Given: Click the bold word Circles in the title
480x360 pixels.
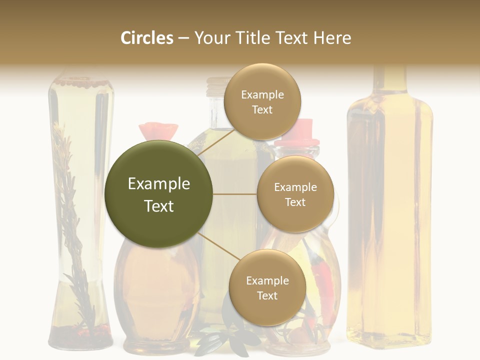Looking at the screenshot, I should (146, 38).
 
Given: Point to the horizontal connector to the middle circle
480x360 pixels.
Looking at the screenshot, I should (234, 194).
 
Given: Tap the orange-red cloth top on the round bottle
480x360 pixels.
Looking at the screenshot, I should (158, 131).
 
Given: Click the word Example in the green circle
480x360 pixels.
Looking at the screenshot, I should (158, 184).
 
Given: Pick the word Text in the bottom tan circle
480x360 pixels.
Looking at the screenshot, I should (267, 295).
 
